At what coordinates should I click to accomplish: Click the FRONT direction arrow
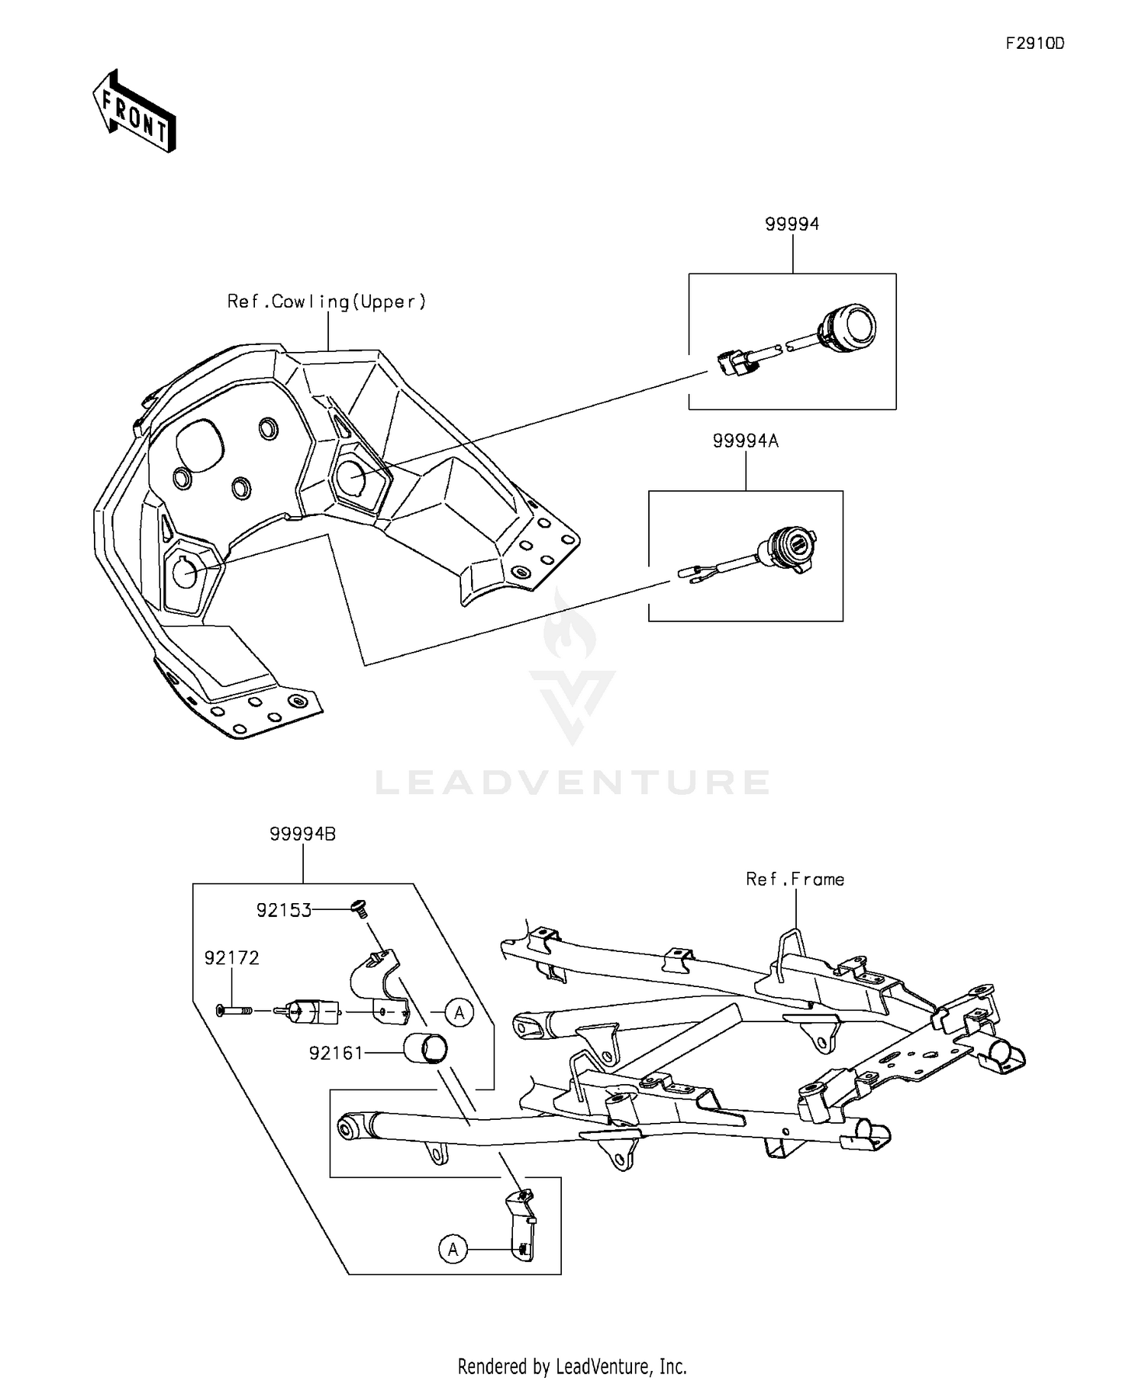[134, 111]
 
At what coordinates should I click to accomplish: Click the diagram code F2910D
[1034, 44]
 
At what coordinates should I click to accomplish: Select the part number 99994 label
[792, 224]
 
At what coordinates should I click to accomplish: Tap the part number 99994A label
[745, 441]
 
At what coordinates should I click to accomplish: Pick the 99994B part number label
[302, 834]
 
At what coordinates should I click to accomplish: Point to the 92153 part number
[283, 910]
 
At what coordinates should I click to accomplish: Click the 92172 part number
[231, 957]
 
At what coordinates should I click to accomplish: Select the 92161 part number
[336, 1053]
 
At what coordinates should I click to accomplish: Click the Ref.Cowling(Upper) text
[327, 302]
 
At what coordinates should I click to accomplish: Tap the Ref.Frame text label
[795, 879]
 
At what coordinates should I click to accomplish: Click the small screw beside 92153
[358, 908]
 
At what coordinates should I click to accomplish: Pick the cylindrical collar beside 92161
[425, 1047]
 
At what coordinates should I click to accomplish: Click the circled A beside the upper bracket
[459, 1012]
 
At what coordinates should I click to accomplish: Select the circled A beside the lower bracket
[453, 1249]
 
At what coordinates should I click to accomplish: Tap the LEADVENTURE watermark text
[572, 782]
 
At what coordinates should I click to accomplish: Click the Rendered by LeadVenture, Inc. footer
[572, 1365]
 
